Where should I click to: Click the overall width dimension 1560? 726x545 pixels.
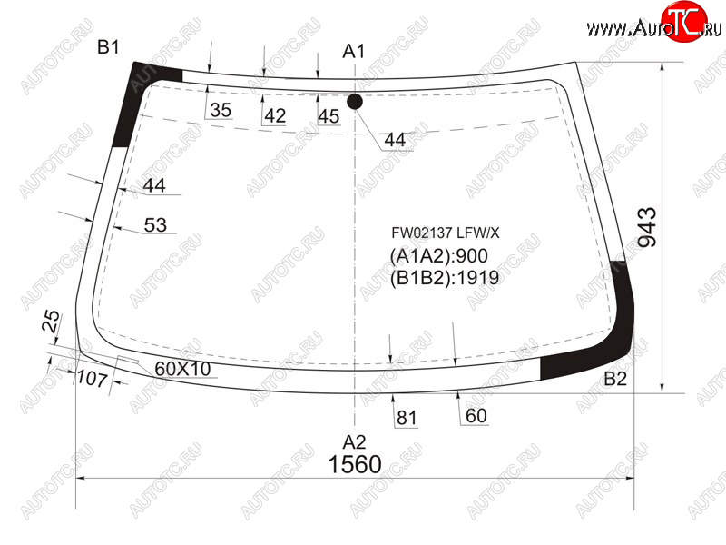pos(355,464)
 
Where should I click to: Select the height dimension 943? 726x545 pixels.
pos(647,227)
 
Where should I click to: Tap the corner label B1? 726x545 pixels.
pos(108,47)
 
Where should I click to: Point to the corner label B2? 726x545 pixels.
pos(615,379)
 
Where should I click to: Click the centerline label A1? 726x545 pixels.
pos(353,51)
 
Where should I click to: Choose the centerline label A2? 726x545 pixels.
pos(354,442)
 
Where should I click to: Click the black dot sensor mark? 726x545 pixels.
pos(355,102)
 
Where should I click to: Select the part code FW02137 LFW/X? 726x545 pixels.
pos(446,233)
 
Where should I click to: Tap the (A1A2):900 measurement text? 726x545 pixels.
pos(439,256)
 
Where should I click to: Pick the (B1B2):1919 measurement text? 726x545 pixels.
pos(445,278)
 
